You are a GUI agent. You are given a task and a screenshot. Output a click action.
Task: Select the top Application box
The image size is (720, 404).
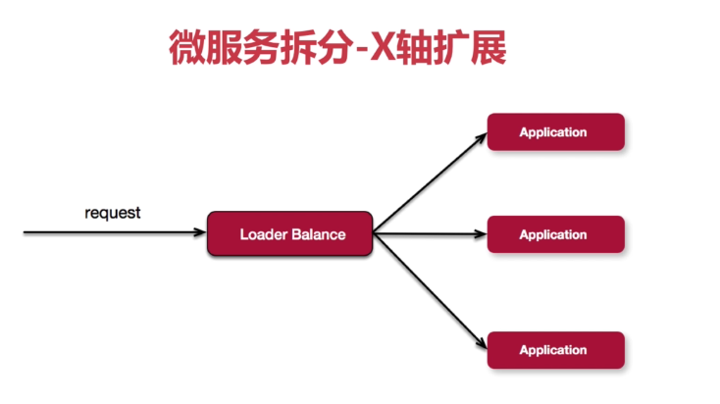pos(555,132)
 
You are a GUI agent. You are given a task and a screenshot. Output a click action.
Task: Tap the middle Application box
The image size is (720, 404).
pos(555,234)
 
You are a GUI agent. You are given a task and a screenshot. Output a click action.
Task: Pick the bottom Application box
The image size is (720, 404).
pos(555,350)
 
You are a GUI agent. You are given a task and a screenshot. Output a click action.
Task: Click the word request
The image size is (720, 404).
pos(113,212)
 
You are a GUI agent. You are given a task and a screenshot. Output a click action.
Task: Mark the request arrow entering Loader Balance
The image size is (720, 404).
pos(113,233)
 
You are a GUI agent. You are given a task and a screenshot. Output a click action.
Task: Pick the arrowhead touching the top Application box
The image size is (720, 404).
pos(481,135)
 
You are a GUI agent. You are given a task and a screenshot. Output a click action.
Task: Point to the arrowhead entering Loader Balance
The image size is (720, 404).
pos(199,233)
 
